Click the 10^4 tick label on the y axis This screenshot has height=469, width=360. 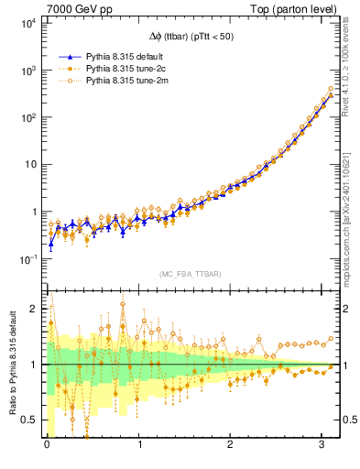pos(27,23)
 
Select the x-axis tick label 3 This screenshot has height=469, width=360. pos(323,444)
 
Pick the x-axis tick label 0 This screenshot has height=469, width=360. pos(48,444)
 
